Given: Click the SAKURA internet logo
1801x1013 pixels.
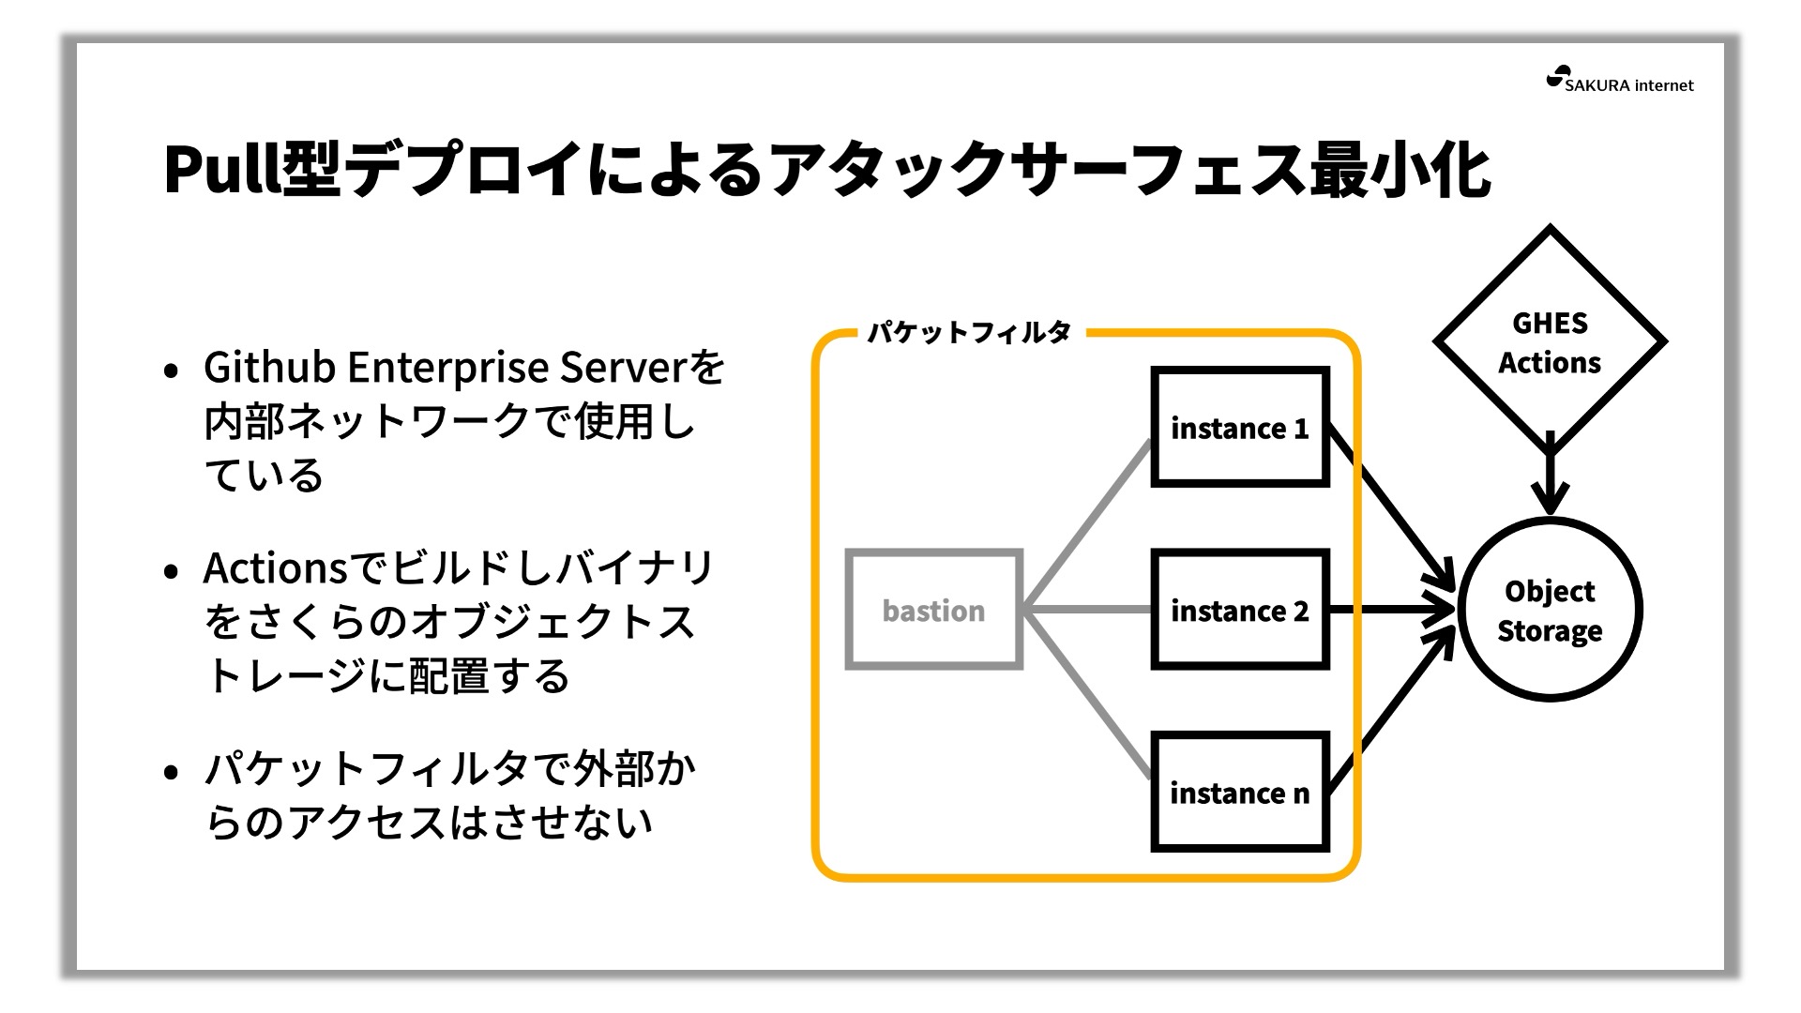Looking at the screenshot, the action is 1620,81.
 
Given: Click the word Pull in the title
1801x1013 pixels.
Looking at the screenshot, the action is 222,169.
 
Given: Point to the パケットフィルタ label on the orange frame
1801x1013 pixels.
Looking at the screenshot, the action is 969,332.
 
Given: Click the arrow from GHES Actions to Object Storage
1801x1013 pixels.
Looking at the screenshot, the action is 1550,474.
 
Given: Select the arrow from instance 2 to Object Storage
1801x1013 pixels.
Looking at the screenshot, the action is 1392,610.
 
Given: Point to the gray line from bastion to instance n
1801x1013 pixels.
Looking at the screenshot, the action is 1087,694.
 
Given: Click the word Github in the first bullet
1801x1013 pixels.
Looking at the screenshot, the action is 270,367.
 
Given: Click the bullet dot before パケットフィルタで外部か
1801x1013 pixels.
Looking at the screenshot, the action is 171,773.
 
